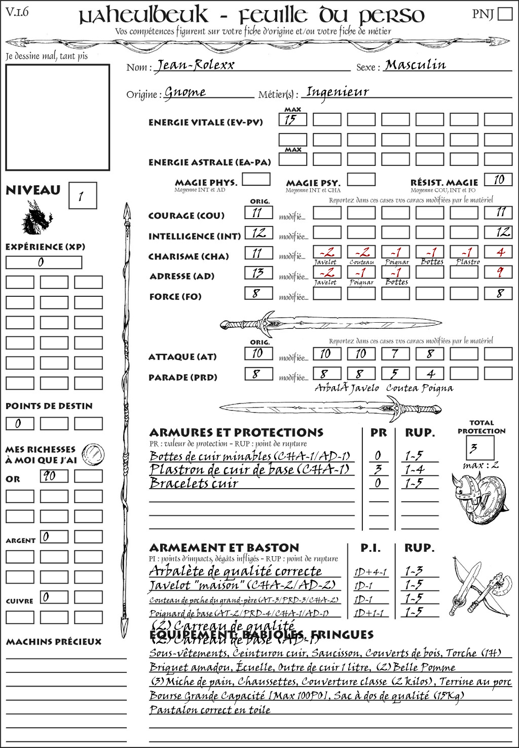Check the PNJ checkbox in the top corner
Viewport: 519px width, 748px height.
click(x=505, y=13)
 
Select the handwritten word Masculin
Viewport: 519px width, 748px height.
click(x=415, y=65)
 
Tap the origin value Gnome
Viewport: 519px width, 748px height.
click(x=185, y=92)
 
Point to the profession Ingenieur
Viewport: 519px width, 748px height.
click(x=337, y=92)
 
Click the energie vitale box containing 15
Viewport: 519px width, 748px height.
click(x=292, y=120)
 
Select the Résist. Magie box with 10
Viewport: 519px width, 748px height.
click(x=498, y=180)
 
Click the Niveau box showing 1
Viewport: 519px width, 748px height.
click(x=82, y=196)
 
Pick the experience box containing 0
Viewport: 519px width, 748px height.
click(x=44, y=262)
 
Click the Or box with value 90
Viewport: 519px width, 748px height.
click(x=54, y=476)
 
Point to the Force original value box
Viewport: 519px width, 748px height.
click(x=258, y=293)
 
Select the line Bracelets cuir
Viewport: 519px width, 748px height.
click(x=194, y=483)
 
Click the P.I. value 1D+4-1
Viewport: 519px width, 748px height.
click(x=370, y=572)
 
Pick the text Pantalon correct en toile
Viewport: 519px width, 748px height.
click(x=210, y=709)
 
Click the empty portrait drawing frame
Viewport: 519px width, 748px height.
click(x=57, y=117)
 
